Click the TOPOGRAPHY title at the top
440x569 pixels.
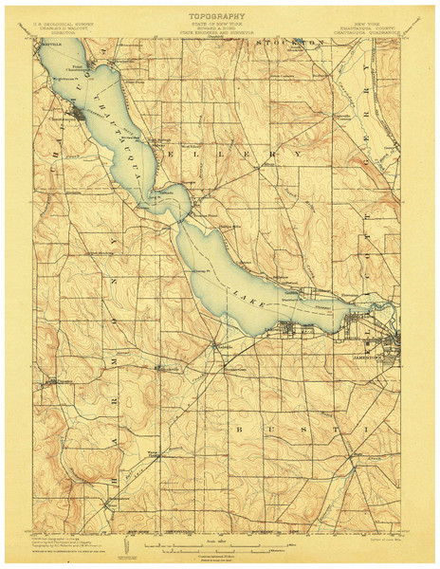coord(219,16)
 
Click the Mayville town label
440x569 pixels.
coord(49,44)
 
